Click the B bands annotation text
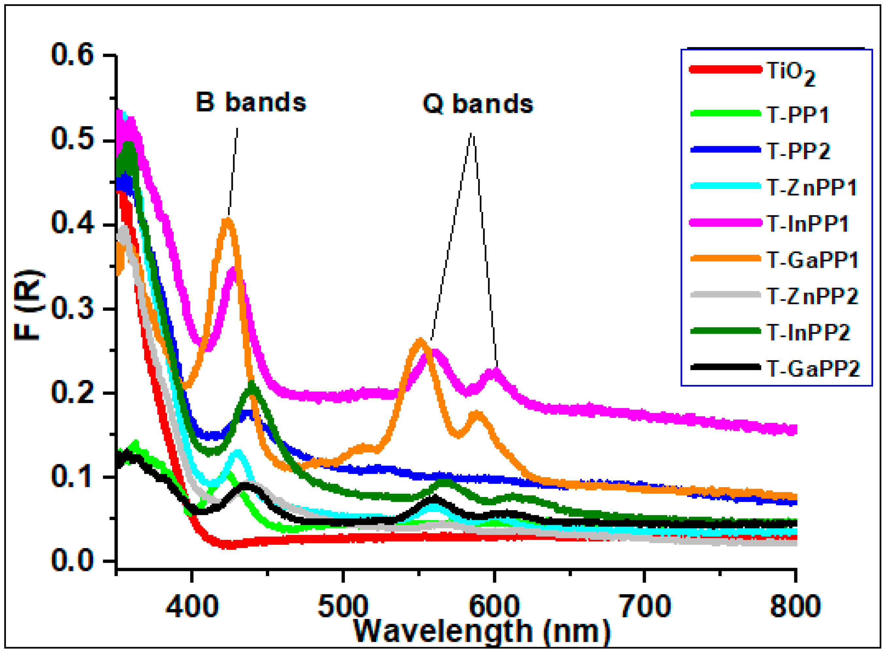(251, 102)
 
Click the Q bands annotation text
(478, 104)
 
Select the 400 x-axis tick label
(191, 606)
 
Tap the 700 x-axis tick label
(645, 606)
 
